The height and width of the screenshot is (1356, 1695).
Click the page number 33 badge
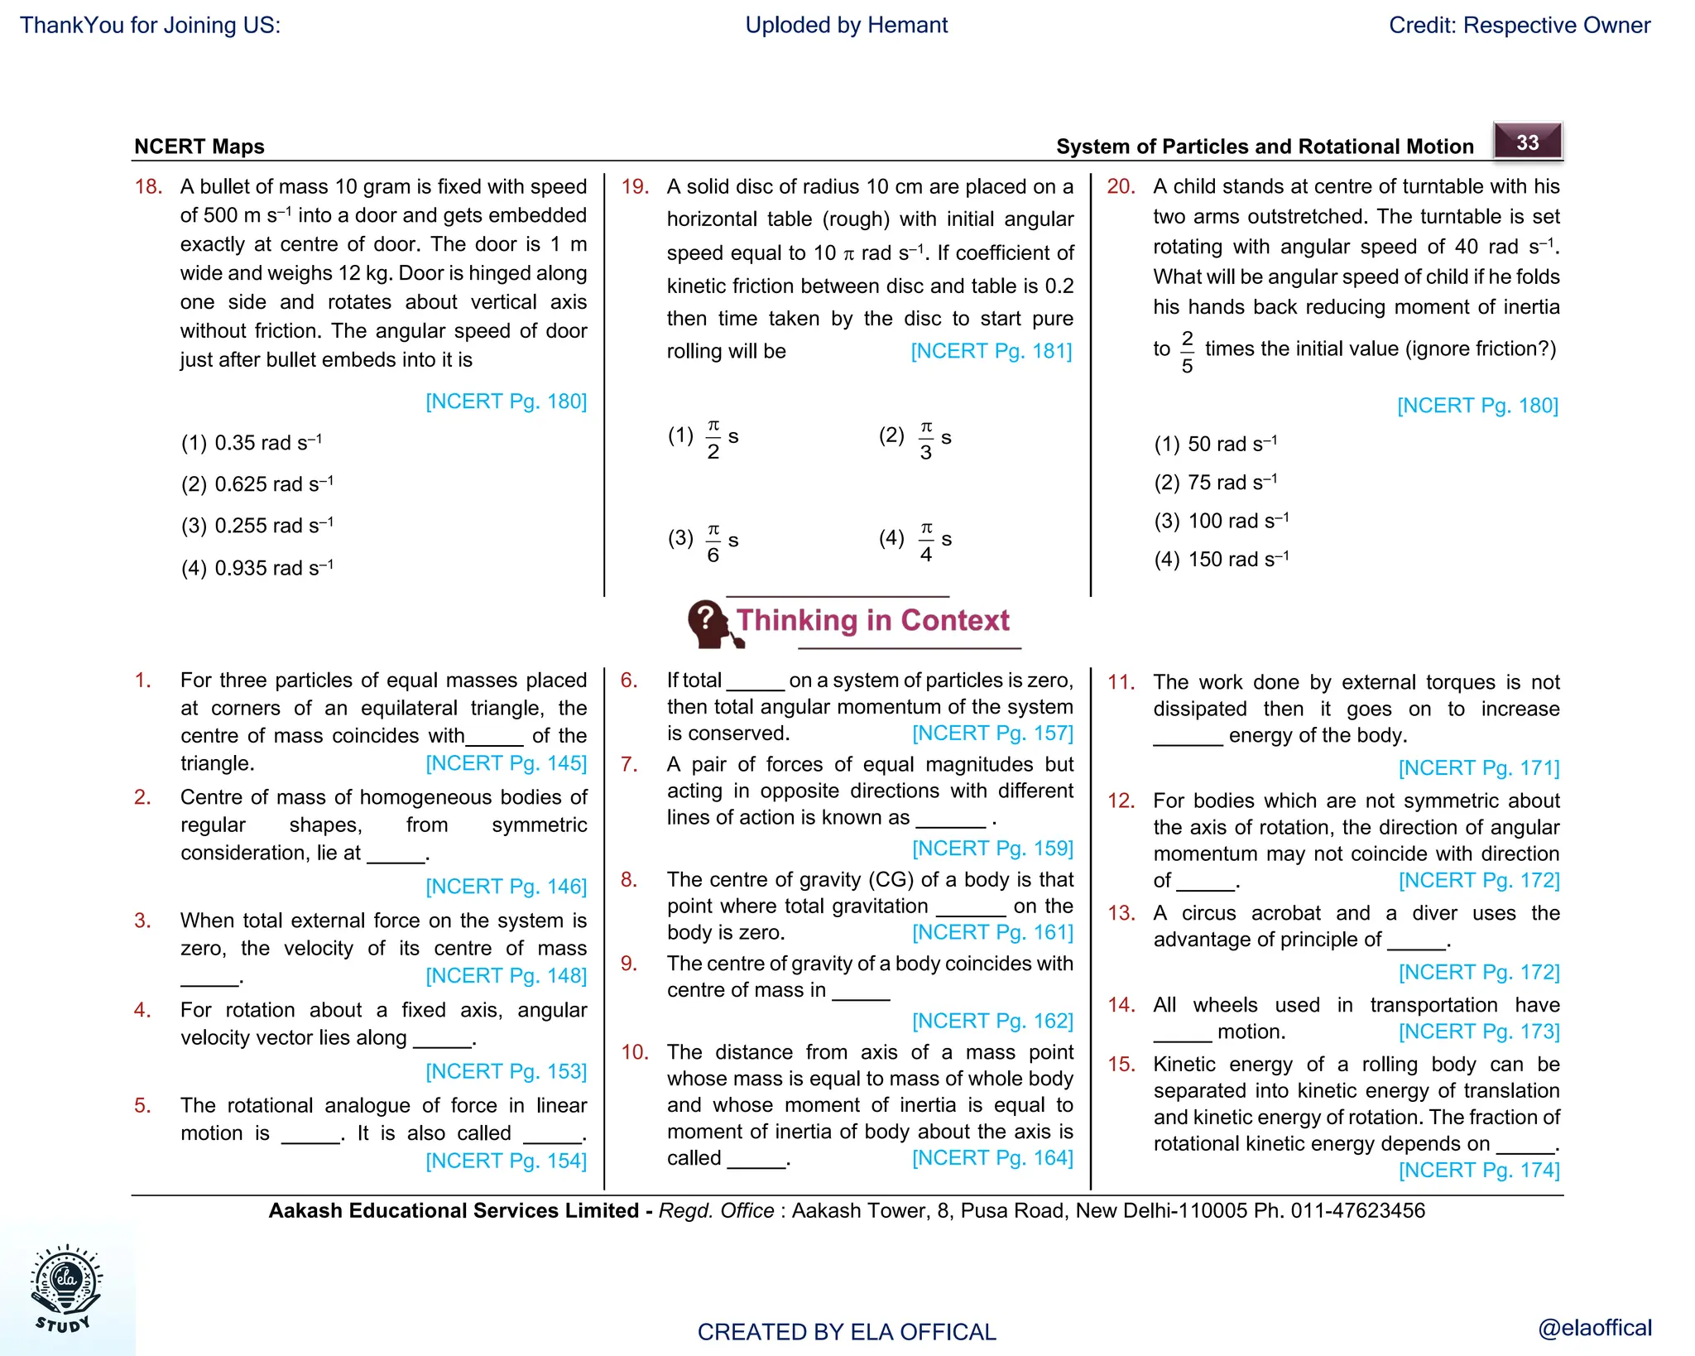1527,142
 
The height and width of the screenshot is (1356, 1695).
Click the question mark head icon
708,623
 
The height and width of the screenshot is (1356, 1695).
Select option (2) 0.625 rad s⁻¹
257,484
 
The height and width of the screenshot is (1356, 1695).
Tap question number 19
635,186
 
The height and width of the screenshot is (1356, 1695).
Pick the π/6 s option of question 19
713,541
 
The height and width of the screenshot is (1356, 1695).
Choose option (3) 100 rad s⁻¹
1222,521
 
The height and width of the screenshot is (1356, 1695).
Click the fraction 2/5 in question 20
1187,351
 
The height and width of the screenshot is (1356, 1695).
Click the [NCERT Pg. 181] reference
991,351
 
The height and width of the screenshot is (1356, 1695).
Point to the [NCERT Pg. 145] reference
506,762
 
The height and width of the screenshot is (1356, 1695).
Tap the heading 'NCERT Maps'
199,147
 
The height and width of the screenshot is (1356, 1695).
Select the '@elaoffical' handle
1594,1328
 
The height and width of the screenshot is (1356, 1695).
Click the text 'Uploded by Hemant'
846,25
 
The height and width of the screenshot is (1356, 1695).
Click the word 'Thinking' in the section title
797,620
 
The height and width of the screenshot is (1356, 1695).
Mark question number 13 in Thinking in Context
1121,913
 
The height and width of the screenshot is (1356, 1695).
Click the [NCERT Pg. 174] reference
1478,1170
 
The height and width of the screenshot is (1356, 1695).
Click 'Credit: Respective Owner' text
1519,25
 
